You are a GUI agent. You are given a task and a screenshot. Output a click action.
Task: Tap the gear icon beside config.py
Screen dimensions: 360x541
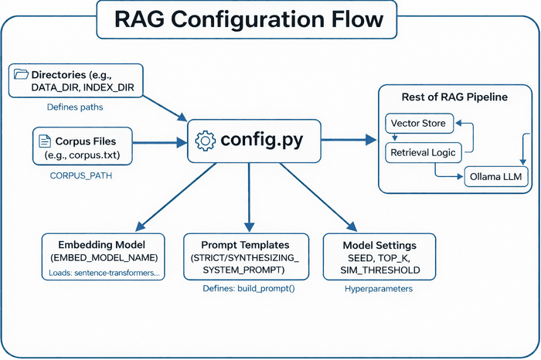coord(206,141)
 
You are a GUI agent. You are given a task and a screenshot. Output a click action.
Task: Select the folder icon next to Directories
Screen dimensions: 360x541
coord(21,75)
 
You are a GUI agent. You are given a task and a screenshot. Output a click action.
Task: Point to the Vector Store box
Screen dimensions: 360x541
coord(417,123)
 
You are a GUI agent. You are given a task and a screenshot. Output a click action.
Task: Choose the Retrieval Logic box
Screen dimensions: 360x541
coord(424,151)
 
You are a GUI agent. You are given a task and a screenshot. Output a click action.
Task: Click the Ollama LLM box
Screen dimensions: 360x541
coord(492,177)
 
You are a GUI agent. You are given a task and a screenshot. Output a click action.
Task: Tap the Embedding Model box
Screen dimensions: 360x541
coord(104,256)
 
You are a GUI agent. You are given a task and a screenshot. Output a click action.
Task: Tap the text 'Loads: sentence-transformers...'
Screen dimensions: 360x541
coord(104,273)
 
